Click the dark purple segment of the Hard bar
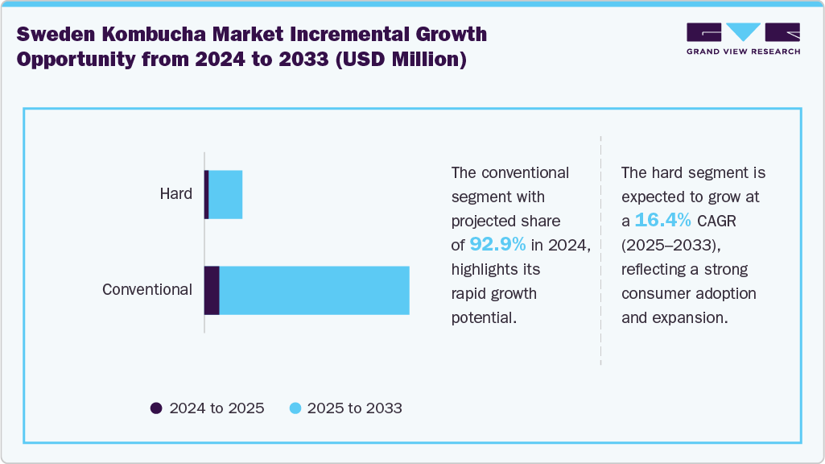coord(207,194)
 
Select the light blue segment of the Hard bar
coord(225,194)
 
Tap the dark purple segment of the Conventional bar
coord(212,290)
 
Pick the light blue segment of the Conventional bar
coord(314,290)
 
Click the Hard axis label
coord(175,194)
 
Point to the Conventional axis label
coord(147,290)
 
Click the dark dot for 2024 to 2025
coord(156,408)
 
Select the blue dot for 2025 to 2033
coord(295,408)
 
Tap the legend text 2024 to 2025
coord(217,408)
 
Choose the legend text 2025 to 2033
coord(355,408)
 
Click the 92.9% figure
coord(498,244)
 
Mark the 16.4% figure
coord(662,220)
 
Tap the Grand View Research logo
coord(743,39)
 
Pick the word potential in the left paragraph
coord(483,317)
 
